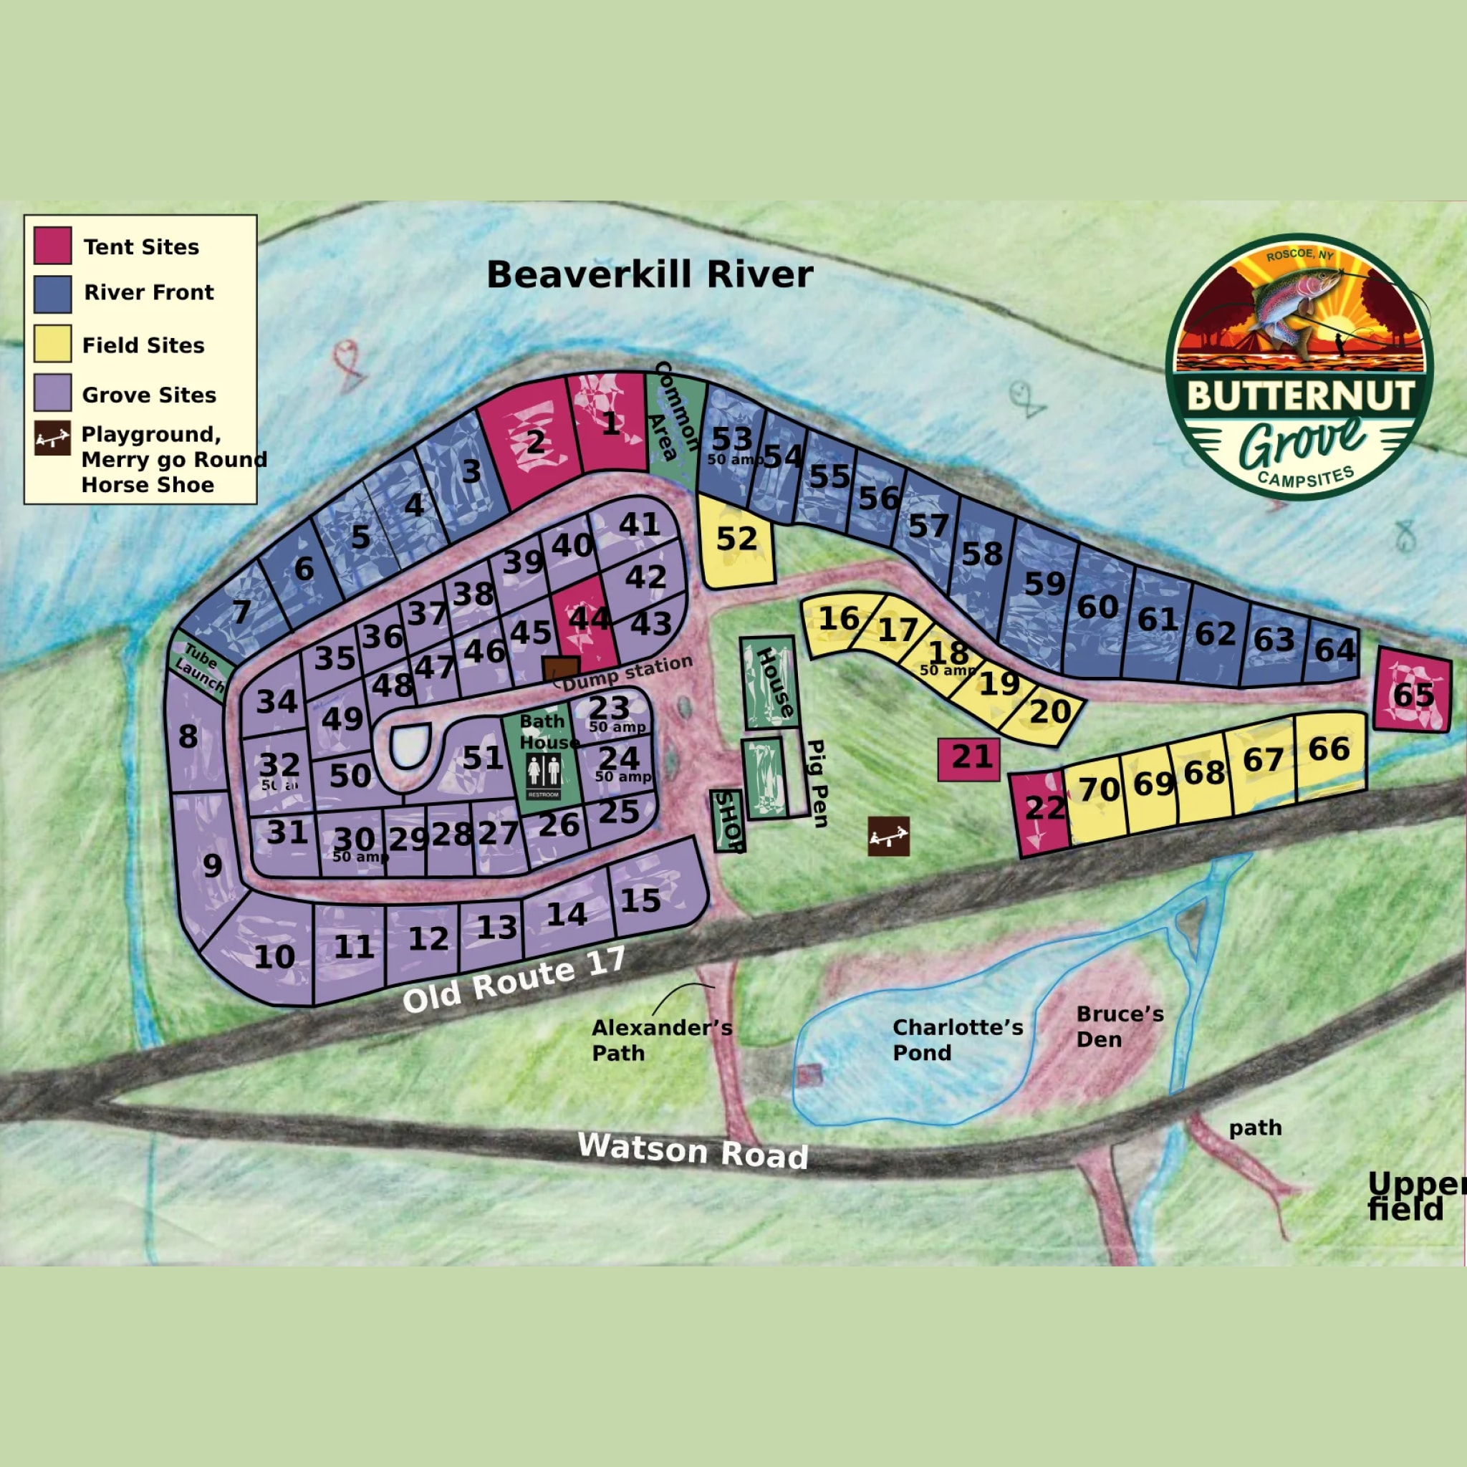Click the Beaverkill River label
649,275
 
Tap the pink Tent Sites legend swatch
53,245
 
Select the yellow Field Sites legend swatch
53,343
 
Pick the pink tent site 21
969,758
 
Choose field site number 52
736,541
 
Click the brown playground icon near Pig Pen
888,836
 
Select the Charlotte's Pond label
958,1039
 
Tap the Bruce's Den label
1120,1026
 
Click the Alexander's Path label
661,1039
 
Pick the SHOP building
728,821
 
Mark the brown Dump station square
561,670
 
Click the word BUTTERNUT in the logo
1300,396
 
